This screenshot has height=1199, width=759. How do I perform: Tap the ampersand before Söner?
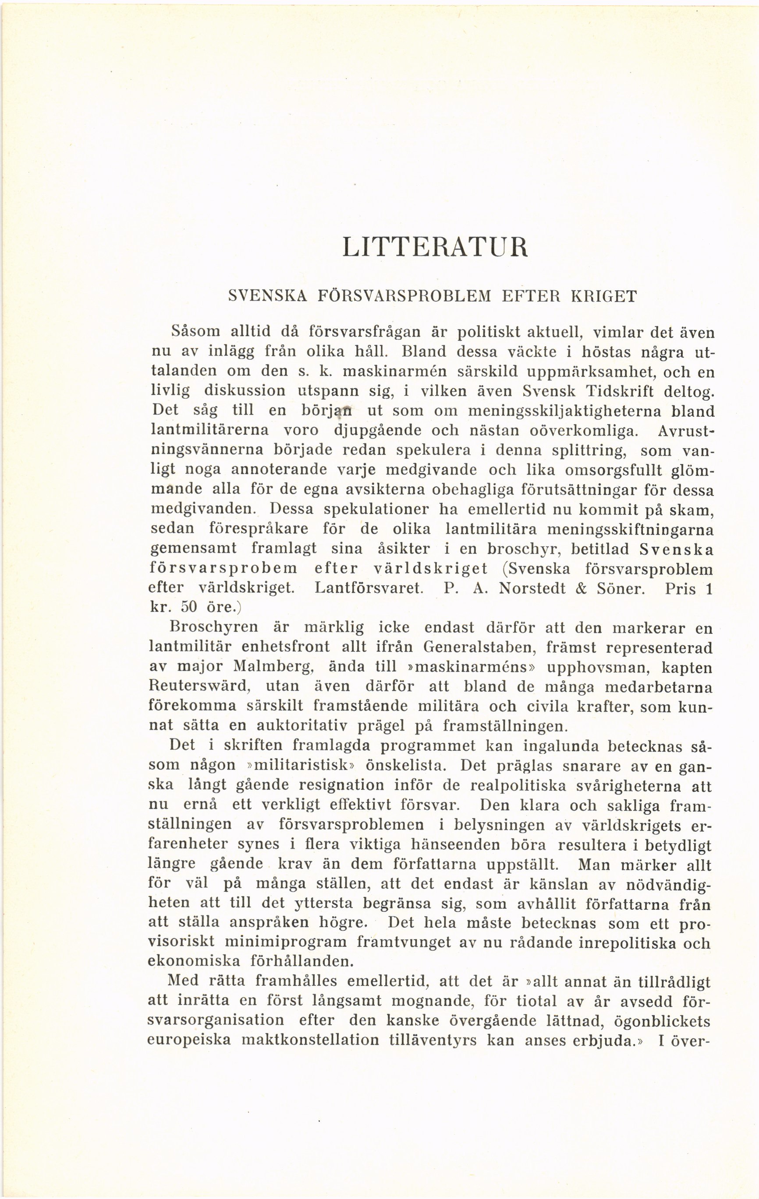point(580,589)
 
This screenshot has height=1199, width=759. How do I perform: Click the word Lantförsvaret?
point(369,589)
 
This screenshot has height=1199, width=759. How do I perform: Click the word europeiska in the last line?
point(189,1041)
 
